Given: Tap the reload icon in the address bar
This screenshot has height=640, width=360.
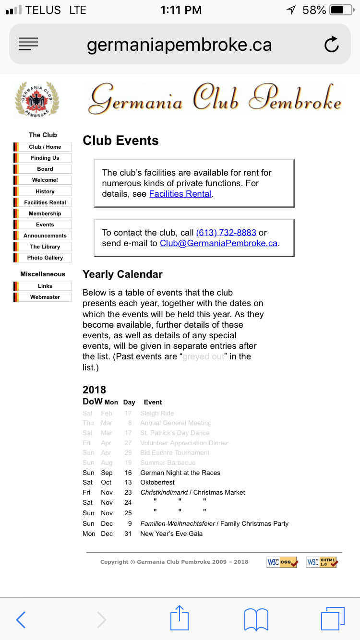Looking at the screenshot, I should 331,45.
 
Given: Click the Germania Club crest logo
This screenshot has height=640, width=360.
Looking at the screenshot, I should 36,99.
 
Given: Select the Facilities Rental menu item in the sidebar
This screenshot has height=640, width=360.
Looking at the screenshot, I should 45,202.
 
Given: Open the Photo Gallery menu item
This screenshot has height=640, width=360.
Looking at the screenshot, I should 45,258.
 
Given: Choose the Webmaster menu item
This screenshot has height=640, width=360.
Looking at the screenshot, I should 45,297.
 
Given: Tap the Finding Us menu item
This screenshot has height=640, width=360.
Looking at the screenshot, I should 45,158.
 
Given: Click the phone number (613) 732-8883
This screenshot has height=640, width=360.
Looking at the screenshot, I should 226,233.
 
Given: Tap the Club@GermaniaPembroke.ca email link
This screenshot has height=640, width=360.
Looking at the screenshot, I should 218,243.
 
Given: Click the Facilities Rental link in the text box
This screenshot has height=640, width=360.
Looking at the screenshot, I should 180,194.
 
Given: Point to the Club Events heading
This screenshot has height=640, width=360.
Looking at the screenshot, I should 120,141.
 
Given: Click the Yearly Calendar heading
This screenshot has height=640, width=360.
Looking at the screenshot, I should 122,274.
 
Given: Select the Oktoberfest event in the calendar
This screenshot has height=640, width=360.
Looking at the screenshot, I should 157,482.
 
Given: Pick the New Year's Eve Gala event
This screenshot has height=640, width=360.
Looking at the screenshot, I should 171,533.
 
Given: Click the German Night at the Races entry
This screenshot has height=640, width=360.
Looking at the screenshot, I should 180,473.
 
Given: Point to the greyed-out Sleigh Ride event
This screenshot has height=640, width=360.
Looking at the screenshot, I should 157,413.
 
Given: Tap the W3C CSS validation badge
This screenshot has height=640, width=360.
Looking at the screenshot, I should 282,562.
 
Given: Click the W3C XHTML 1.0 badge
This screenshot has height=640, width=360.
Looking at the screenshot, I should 323,562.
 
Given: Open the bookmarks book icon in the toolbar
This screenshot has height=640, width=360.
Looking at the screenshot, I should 256,619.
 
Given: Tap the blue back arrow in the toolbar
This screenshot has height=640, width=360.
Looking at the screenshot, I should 21,619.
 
